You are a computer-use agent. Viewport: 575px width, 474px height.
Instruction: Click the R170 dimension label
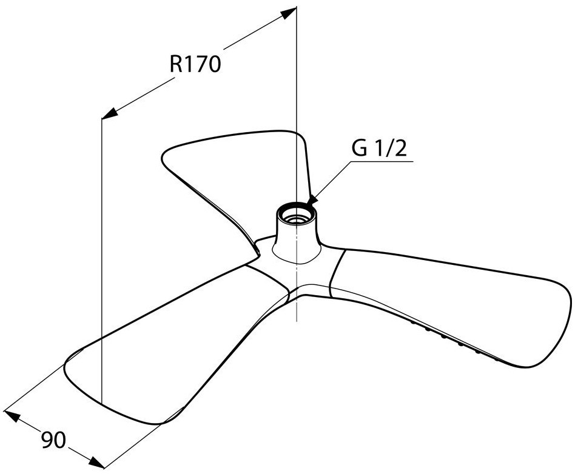195,64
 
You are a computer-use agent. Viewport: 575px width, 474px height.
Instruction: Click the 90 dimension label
53,440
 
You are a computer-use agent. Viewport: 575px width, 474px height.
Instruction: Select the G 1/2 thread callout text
379,149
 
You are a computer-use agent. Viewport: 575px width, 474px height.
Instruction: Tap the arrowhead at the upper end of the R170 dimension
289,13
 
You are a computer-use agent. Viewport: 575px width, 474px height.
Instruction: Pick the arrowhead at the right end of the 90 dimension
97,462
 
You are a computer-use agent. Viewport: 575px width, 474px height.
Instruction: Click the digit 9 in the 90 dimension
47,440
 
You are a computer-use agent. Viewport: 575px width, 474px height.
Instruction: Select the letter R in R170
176,64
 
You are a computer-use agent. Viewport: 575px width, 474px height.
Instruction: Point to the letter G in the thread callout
359,149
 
